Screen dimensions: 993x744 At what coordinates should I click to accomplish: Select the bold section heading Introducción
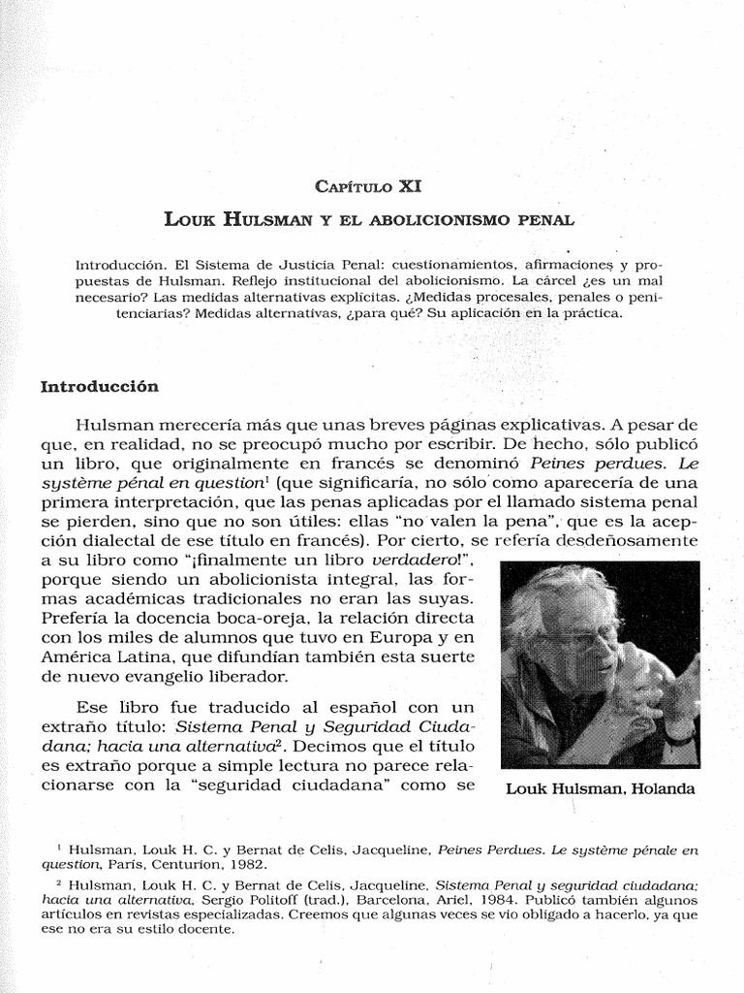coord(99,386)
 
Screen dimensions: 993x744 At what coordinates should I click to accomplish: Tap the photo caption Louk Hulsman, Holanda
coord(601,788)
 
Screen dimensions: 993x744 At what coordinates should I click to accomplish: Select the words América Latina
coord(109,657)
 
